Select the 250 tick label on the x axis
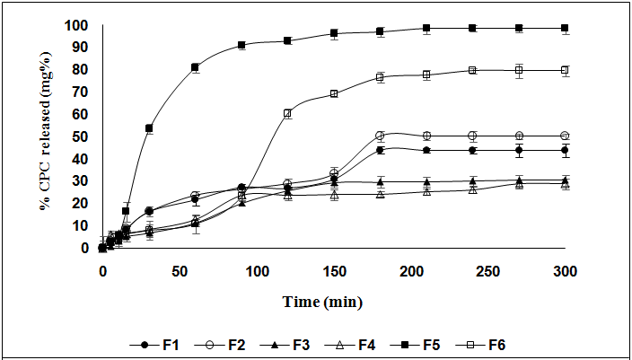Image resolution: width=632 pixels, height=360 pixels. pos(487,270)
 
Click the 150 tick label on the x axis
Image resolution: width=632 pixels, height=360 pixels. pos(334,270)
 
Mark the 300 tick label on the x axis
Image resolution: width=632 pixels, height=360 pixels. pos(565,270)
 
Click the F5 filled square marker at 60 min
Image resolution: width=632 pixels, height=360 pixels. pos(195,67)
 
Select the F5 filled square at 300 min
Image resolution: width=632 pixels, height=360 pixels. pos(565,28)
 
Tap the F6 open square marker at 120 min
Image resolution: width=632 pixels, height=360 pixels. pos(287,113)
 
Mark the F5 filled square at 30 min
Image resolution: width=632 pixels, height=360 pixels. pos(149,128)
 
